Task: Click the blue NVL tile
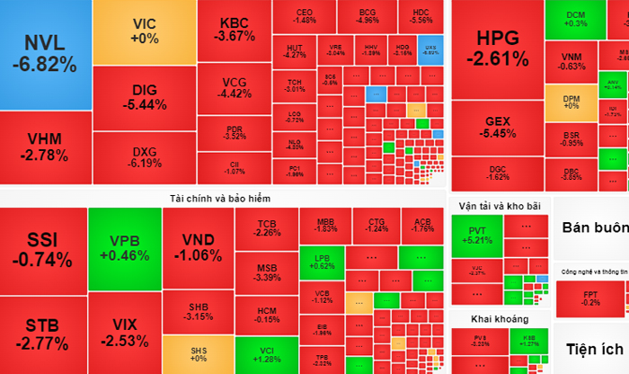coord(45,54)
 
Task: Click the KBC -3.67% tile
coord(235,30)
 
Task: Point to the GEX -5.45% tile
coord(497,127)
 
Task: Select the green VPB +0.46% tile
coord(124,247)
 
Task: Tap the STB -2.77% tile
coord(43,333)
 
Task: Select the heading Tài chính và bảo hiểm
coord(222,197)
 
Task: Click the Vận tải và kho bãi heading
coord(499,206)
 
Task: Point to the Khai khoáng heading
coord(499,318)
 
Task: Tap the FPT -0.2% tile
coord(591,297)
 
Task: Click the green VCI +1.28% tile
coord(267,353)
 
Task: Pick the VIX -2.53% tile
coord(124,333)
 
